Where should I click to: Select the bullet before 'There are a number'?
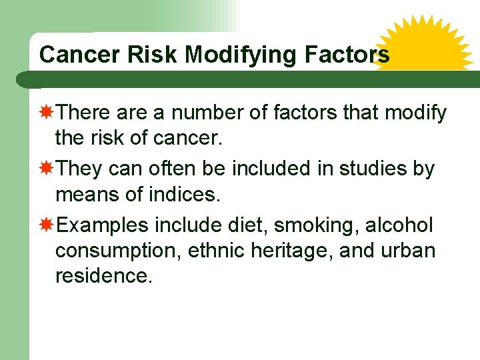click(x=47, y=113)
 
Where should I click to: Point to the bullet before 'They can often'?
click(x=47, y=169)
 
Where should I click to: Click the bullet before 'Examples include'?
click(x=47, y=225)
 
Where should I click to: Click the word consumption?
click(x=118, y=252)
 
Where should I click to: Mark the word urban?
click(x=408, y=251)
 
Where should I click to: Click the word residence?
click(x=103, y=275)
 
